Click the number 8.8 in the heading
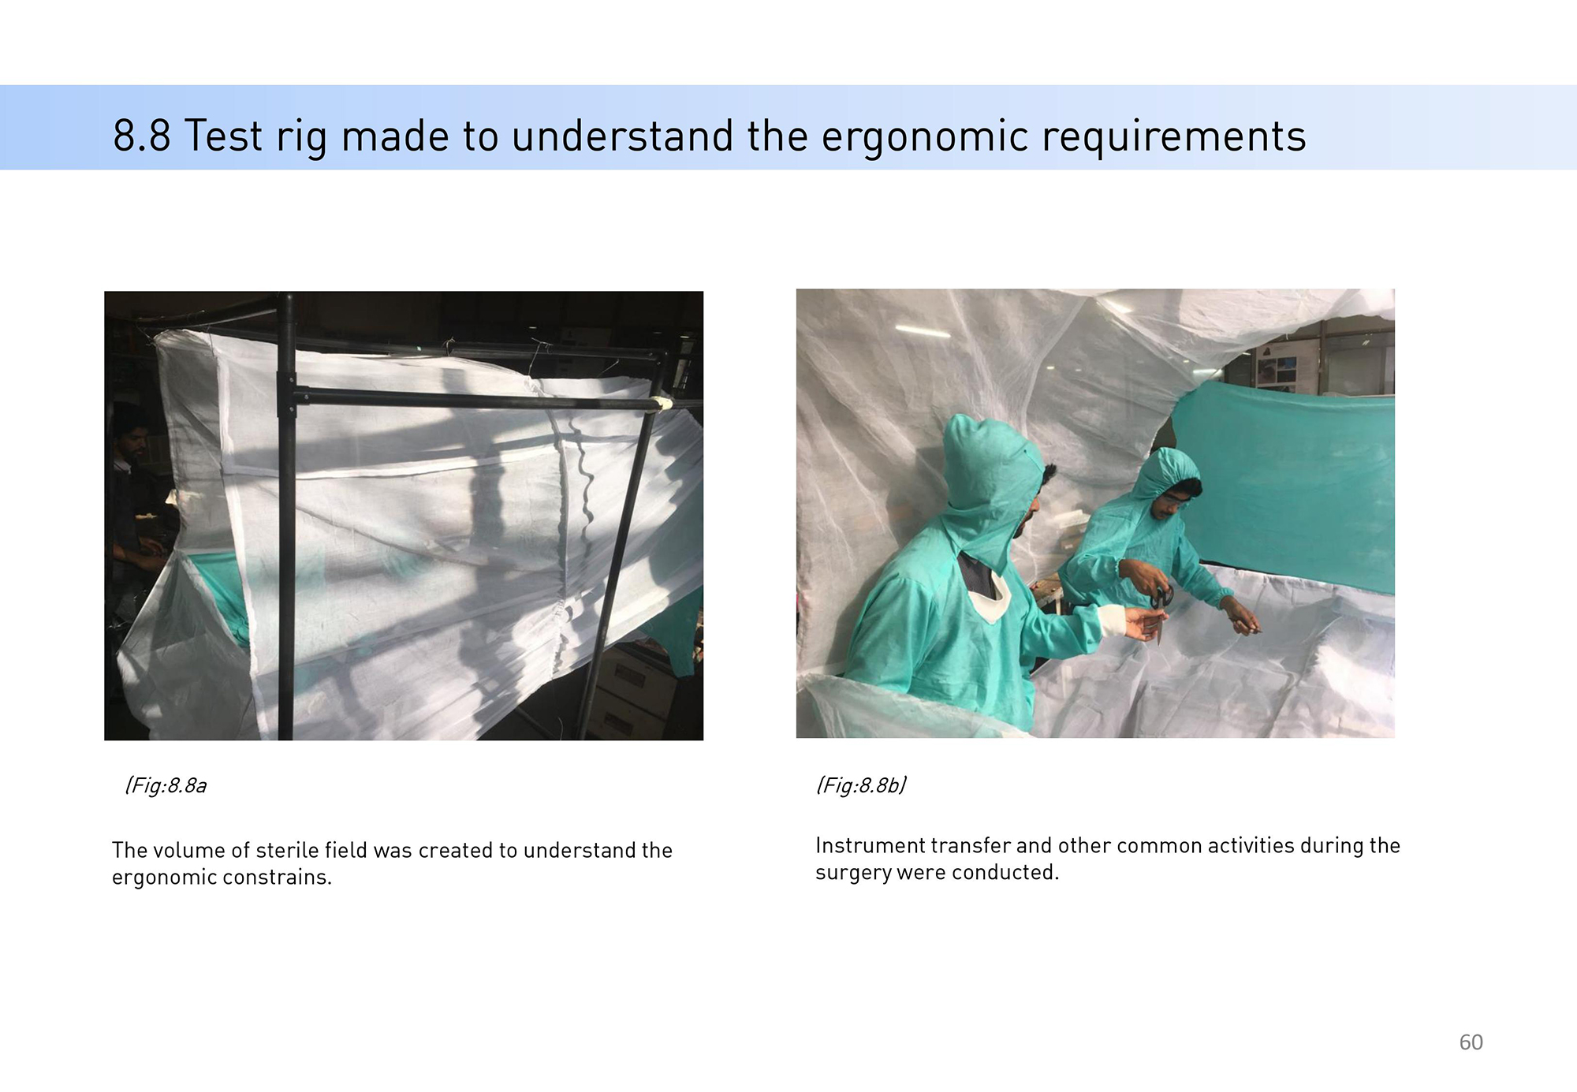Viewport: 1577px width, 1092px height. (x=142, y=136)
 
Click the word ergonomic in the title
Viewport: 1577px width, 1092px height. (x=925, y=138)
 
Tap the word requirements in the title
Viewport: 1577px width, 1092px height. (x=1174, y=138)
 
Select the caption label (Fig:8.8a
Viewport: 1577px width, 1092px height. (x=166, y=785)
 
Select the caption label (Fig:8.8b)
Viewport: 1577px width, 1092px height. (x=861, y=785)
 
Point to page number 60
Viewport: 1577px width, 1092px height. (x=1471, y=1042)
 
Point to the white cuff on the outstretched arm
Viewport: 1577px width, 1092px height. (x=1114, y=621)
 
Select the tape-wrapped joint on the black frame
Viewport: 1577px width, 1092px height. (x=661, y=404)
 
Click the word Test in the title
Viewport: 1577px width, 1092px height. (x=223, y=136)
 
